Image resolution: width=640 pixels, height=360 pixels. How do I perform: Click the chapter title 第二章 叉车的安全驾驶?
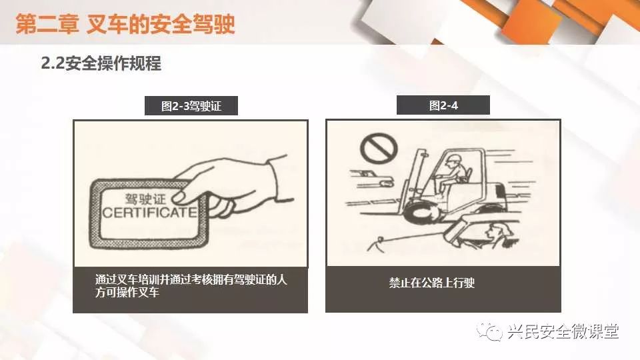tap(125, 24)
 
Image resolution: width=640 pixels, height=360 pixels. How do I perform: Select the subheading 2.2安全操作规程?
tap(101, 63)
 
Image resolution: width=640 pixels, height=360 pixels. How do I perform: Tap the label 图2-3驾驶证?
tap(191, 106)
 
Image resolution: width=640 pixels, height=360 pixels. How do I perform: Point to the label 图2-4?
tap(443, 106)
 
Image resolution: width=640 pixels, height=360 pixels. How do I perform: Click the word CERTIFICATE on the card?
tap(150, 212)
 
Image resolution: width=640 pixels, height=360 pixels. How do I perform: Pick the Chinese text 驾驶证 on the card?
tap(146, 199)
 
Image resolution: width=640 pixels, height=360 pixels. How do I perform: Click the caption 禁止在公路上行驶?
tap(432, 283)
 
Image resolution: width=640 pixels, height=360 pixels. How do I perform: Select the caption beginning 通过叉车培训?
tap(191, 286)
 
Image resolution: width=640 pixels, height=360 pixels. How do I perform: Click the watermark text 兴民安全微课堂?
tap(564, 331)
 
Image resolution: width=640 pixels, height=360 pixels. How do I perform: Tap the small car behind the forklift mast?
tap(371, 179)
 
